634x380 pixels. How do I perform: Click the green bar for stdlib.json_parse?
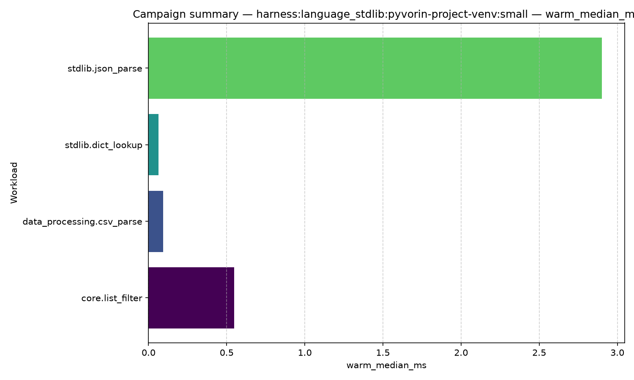click(375, 68)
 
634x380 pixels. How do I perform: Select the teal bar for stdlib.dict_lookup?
click(153, 145)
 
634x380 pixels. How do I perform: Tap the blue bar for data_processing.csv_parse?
click(156, 221)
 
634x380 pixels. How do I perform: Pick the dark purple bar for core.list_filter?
click(191, 298)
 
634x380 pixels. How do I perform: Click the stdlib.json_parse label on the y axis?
click(105, 69)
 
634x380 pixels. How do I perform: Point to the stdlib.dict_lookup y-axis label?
click(104, 145)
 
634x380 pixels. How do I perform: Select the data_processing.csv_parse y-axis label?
click(82, 222)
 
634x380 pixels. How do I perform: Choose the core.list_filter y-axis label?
click(112, 298)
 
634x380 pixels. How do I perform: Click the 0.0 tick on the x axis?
click(148, 353)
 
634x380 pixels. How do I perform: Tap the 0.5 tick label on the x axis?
click(227, 353)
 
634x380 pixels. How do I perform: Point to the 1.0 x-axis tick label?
click(305, 353)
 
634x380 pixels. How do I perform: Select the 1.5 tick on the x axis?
click(383, 353)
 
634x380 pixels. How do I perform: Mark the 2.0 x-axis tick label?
click(461, 353)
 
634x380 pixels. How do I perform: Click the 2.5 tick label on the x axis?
click(539, 353)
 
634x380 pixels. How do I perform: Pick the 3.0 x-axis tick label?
click(618, 353)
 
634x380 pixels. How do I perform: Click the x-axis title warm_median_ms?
click(386, 366)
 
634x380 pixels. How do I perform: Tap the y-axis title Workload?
click(14, 183)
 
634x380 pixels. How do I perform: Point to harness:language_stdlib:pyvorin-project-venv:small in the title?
click(392, 14)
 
